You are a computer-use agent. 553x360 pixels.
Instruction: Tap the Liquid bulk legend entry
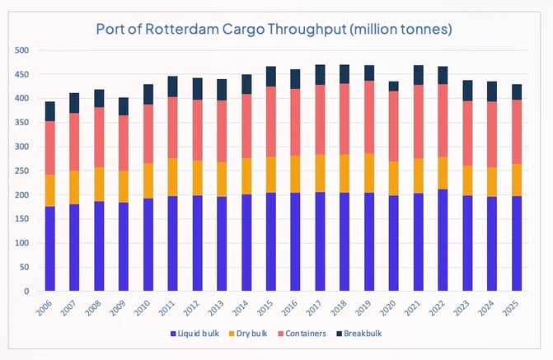(196, 334)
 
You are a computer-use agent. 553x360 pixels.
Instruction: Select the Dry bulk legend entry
(251, 334)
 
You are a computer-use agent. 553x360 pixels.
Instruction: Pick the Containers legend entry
(306, 334)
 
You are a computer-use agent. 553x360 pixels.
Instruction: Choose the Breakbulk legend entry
(363, 334)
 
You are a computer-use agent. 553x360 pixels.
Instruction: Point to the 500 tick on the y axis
(22, 51)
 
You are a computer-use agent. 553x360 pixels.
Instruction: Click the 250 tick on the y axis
(22, 171)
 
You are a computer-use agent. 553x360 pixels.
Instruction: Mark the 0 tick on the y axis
(27, 292)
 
